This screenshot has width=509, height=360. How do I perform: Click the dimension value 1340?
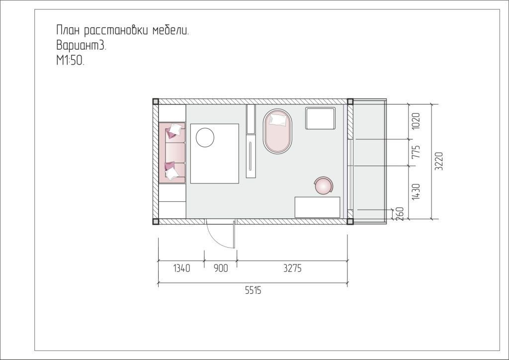[x=181, y=269]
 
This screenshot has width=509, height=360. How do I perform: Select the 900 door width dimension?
[x=221, y=269]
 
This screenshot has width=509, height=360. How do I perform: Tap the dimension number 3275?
[x=292, y=268]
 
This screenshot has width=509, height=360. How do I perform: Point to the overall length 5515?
[x=253, y=290]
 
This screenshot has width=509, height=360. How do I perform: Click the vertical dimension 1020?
[x=416, y=121]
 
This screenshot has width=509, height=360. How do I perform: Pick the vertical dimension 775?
[x=416, y=152]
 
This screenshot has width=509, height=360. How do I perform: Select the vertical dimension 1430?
[x=416, y=191]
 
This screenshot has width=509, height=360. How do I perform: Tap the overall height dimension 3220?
[x=439, y=161]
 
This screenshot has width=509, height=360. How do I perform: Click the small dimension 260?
[x=400, y=214]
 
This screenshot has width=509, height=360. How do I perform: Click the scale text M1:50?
[x=70, y=61]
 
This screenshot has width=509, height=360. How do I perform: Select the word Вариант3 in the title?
[x=81, y=45]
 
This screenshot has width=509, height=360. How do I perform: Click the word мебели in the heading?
[x=170, y=30]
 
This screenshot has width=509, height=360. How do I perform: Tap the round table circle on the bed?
[x=205, y=137]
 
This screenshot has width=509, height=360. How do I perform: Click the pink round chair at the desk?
[x=323, y=186]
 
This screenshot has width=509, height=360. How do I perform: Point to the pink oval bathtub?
[x=277, y=131]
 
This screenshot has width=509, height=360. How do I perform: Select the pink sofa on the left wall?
[x=171, y=153]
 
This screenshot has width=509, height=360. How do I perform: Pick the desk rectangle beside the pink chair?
[x=317, y=207]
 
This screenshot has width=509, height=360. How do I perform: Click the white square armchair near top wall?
[x=320, y=118]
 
